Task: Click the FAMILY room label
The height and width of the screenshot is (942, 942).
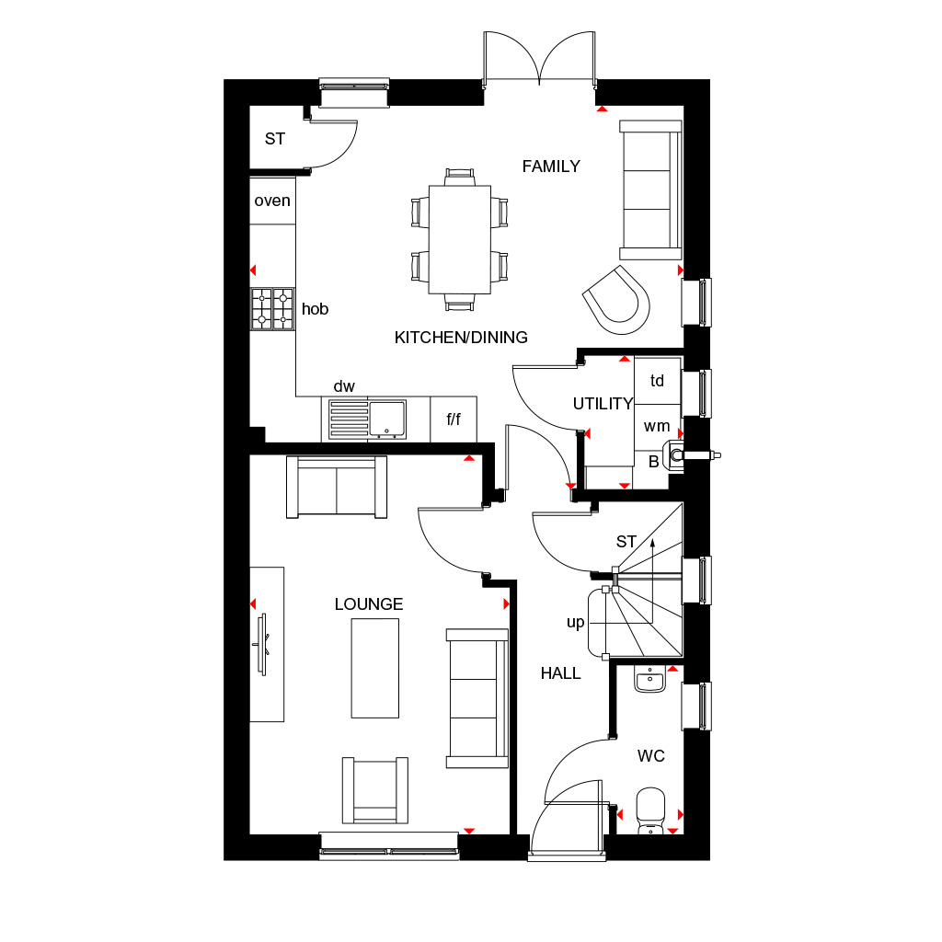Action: pyautogui.click(x=551, y=167)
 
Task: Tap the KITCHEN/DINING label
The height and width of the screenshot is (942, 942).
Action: pyautogui.click(x=461, y=338)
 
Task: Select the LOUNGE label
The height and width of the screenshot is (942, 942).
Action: pyautogui.click(x=368, y=603)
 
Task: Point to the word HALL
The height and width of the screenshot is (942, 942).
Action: pyautogui.click(x=560, y=673)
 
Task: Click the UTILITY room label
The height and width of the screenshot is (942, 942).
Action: pyautogui.click(x=603, y=404)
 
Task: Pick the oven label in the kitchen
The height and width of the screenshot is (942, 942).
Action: pyautogui.click(x=272, y=201)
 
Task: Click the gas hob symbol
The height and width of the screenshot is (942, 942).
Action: pyautogui.click(x=272, y=309)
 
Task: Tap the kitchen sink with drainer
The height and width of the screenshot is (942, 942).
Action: pyautogui.click(x=367, y=419)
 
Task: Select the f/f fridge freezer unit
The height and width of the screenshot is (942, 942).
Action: pyautogui.click(x=454, y=419)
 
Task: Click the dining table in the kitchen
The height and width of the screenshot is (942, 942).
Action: pyautogui.click(x=460, y=240)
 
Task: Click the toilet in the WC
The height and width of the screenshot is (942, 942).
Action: pyautogui.click(x=650, y=811)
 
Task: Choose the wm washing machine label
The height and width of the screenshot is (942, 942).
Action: pyautogui.click(x=657, y=426)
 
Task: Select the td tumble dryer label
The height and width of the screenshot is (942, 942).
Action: pyautogui.click(x=657, y=380)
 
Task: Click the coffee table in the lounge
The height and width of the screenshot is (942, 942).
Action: pyautogui.click(x=375, y=668)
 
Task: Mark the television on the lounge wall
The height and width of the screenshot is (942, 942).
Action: pyautogui.click(x=262, y=644)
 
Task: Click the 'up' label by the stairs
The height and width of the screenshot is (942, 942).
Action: pyautogui.click(x=576, y=623)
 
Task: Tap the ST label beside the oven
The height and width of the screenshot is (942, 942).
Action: pyautogui.click(x=274, y=139)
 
